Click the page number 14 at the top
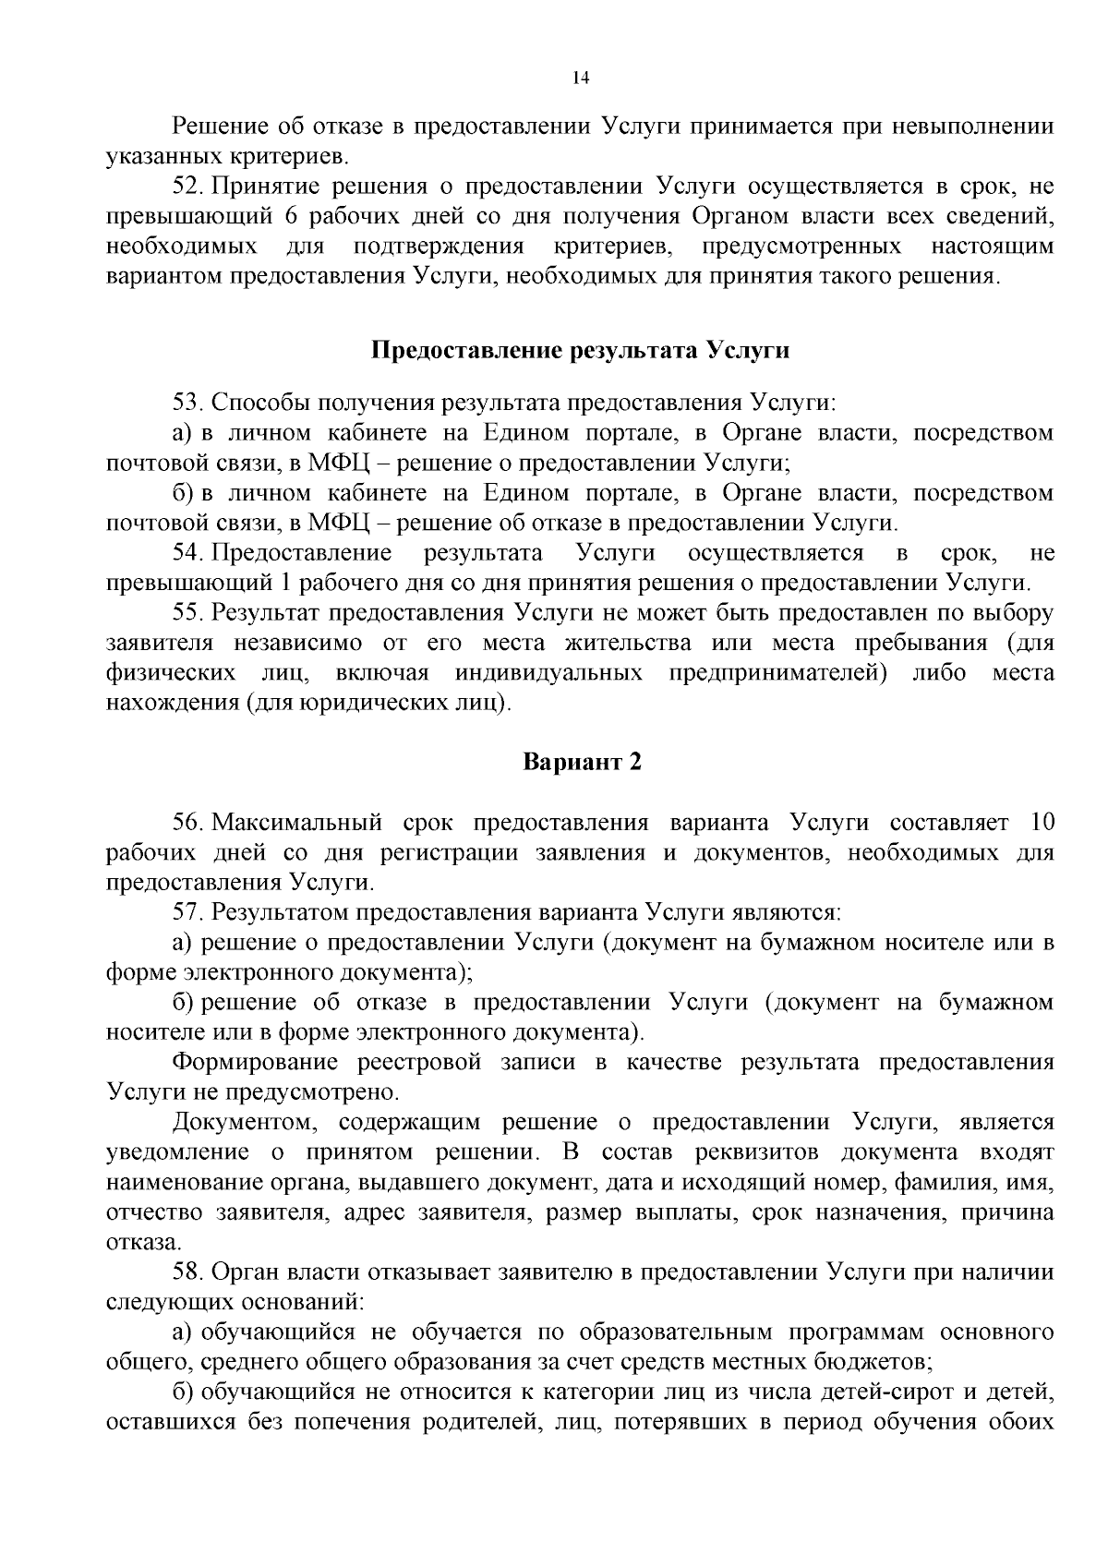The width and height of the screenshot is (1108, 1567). click(581, 78)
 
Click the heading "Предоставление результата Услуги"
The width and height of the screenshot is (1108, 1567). click(581, 351)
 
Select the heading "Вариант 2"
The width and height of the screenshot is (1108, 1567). click(582, 763)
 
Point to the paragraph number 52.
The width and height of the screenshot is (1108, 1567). click(187, 187)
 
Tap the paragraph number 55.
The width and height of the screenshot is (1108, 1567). click(187, 613)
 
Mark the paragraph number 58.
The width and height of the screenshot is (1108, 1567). click(187, 1272)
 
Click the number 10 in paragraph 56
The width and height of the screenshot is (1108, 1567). click(1040, 823)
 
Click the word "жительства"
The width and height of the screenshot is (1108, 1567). click(613, 643)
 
